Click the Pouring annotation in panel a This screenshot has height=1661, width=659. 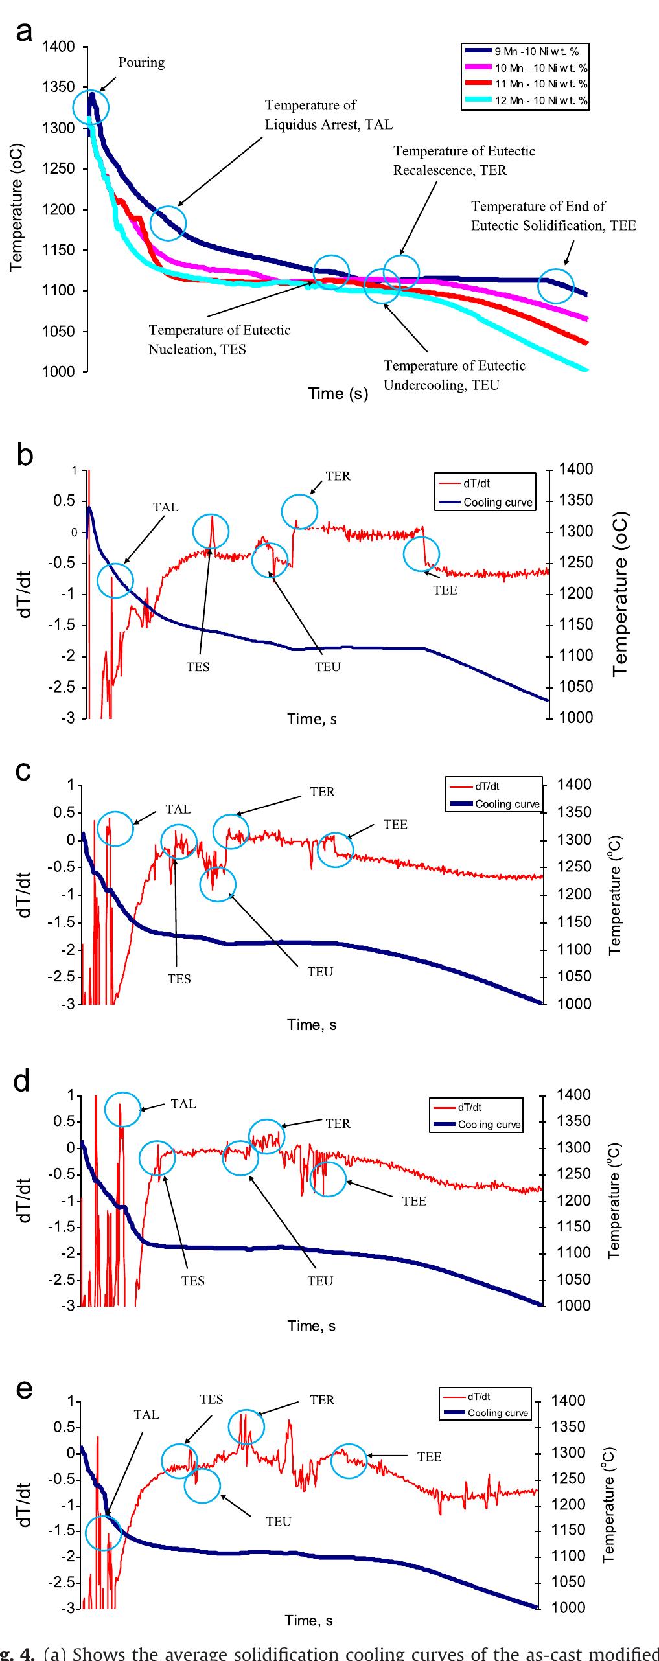(x=141, y=62)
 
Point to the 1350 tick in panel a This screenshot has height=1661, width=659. (x=59, y=87)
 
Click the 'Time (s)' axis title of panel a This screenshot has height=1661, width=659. (x=338, y=394)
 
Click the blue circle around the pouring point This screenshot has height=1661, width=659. (x=91, y=108)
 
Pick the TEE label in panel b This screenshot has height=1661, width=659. (x=445, y=590)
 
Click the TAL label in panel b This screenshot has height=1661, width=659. (x=166, y=507)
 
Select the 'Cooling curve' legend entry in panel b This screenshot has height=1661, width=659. (x=498, y=502)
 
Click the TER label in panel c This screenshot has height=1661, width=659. (x=322, y=792)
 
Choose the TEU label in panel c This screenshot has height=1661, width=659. (x=320, y=972)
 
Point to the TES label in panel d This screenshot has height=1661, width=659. (x=193, y=1281)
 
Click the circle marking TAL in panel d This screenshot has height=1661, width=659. (x=122, y=1109)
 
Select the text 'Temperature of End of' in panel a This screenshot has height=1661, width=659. (x=538, y=206)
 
